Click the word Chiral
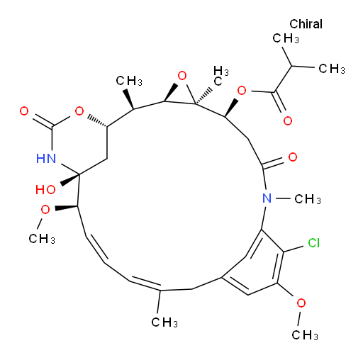[306, 24]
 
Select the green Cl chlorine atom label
[314, 242]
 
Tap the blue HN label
[46, 158]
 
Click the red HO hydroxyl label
[45, 189]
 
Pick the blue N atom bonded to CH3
[267, 198]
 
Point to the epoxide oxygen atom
[182, 76]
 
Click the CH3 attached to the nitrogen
[308, 199]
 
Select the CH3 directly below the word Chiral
[286, 38]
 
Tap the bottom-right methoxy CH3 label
[305, 335]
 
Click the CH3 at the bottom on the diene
[164, 322]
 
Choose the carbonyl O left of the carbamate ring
[24, 111]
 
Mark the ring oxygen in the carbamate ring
[79, 111]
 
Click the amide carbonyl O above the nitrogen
[293, 157]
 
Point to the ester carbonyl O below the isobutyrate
[288, 120]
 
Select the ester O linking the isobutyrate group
[242, 91]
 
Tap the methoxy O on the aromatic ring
[301, 303]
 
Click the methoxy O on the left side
[45, 209]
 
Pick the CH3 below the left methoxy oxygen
[42, 239]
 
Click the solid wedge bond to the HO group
[69, 179]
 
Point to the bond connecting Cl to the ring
[294, 249]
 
